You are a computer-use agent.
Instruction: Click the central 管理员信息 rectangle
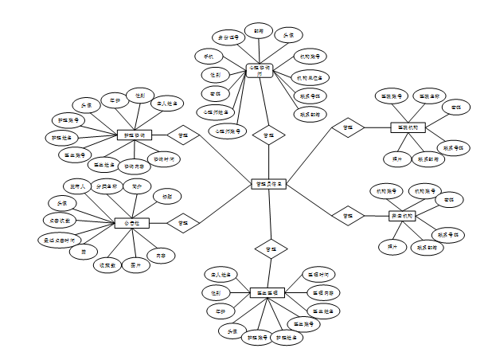pyautogui.click(x=269, y=184)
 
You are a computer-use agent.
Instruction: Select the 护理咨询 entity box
pyautogui.click(x=133, y=135)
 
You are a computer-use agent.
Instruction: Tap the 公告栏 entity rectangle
pyautogui.click(x=132, y=223)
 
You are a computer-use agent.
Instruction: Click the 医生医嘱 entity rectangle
pyautogui.click(x=267, y=292)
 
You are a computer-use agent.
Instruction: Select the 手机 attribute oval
pyautogui.click(x=209, y=56)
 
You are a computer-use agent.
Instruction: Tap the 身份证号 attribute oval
pyautogui.click(x=225, y=37)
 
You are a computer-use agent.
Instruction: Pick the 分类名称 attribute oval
pyautogui.click(x=106, y=186)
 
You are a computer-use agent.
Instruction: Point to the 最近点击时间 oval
pyautogui.click(x=57, y=238)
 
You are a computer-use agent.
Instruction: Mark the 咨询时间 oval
pyautogui.click(x=164, y=159)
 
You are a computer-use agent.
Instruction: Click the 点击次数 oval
pyautogui.click(x=57, y=220)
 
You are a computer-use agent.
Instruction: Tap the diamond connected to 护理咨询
pyautogui.click(x=182, y=135)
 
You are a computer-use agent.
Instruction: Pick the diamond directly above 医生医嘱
pyautogui.click(x=270, y=248)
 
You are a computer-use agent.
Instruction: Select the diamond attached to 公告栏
pyautogui.click(x=182, y=223)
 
